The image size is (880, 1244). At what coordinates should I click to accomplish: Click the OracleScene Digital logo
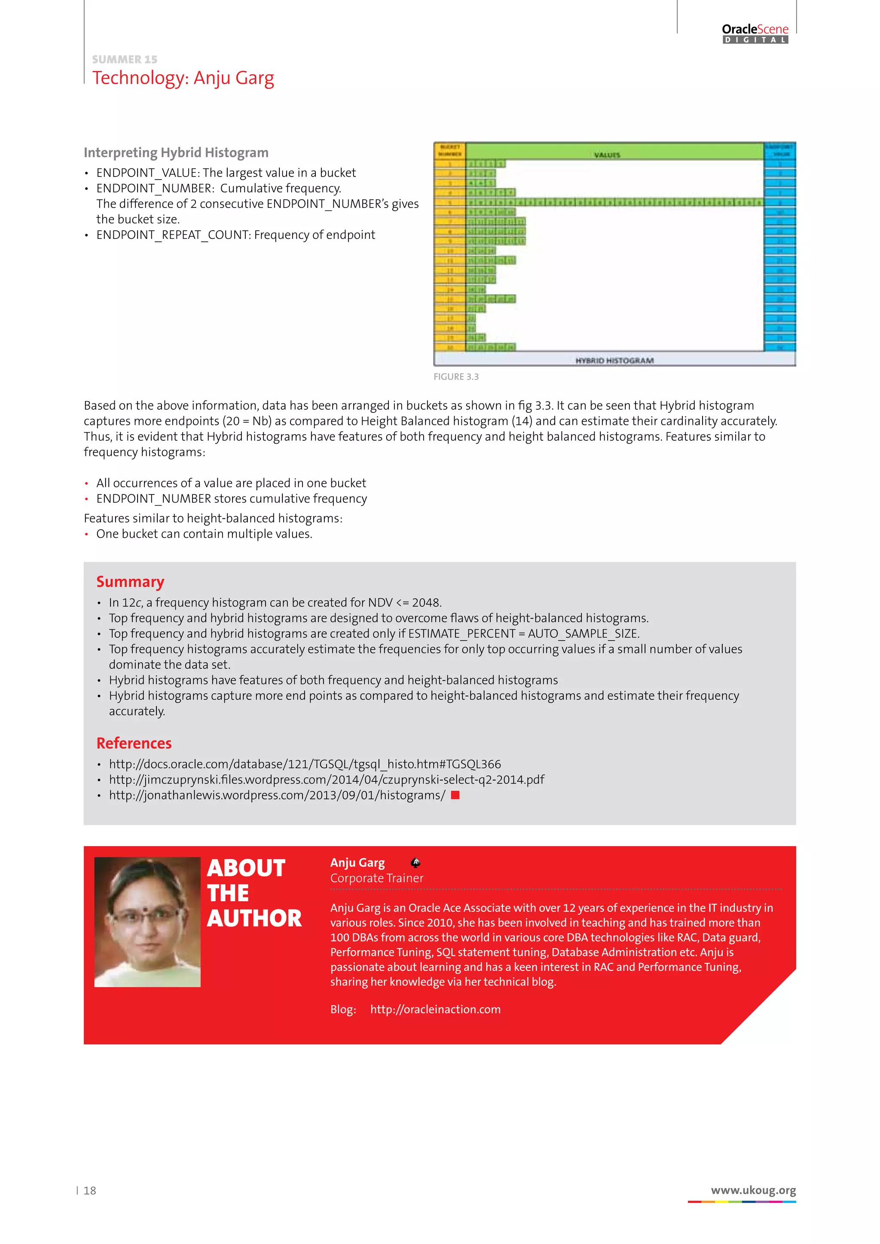coord(755,33)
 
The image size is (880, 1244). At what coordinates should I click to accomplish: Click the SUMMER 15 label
coord(125,59)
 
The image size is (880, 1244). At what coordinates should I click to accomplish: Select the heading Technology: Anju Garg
coord(183,78)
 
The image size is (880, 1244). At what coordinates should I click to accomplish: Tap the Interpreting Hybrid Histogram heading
coord(176,153)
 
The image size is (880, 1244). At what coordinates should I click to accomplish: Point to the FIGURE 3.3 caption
coord(456,377)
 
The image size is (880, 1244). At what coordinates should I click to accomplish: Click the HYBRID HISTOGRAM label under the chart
coord(614,360)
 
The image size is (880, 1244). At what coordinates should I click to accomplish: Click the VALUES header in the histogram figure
coord(607,155)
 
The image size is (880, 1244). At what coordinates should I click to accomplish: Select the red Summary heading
coord(130,582)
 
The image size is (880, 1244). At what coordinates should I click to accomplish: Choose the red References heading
coord(134,744)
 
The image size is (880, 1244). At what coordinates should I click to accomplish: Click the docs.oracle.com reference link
coord(305,764)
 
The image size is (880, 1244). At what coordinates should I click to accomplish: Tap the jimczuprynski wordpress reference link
coord(326,780)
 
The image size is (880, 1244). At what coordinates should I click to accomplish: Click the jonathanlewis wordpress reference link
coord(277,796)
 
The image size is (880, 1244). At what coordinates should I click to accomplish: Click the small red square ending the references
coord(455,795)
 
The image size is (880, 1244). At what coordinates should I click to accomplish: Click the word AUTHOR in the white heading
coord(254,918)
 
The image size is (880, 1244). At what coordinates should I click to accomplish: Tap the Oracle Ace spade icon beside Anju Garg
coord(416,863)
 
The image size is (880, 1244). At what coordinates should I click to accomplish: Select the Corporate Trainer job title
coord(376,878)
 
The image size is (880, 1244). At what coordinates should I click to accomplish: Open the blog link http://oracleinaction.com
coord(435,1009)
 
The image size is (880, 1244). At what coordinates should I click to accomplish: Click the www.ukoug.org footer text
coord(753,1190)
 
